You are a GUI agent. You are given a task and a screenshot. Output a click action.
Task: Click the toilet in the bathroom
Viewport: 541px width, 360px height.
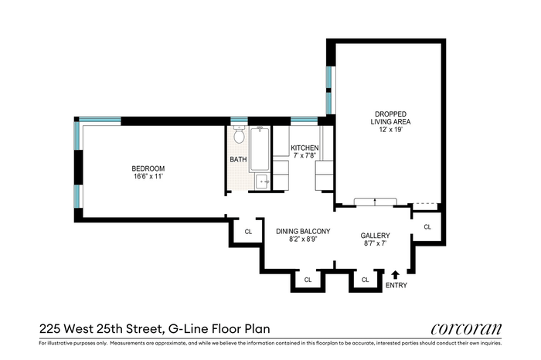pos(239,134)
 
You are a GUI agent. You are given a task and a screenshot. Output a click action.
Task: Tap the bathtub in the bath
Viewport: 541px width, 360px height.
pos(260,149)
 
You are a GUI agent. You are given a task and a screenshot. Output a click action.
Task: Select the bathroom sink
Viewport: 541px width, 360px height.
pos(263,182)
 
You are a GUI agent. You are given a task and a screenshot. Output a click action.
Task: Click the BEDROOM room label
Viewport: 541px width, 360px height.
pos(148,168)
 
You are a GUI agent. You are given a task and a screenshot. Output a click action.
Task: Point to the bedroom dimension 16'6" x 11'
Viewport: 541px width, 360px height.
pos(148,177)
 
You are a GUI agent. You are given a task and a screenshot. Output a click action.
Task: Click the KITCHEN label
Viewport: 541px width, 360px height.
pos(305,148)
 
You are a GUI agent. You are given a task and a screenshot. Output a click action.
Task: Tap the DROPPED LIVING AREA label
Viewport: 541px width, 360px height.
pos(390,117)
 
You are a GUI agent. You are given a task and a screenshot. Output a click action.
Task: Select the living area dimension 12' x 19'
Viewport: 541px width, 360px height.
pos(390,130)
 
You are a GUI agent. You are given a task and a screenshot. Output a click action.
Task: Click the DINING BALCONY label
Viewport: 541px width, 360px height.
pos(303,232)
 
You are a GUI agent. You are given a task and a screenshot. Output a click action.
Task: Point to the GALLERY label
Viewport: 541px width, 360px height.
pos(375,236)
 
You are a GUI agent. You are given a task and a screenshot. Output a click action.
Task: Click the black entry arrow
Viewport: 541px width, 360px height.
pos(396,274)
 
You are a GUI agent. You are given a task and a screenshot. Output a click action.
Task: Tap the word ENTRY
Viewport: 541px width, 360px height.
pos(396,285)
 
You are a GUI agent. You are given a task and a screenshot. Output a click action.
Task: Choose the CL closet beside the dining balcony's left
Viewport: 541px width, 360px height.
pos(248,232)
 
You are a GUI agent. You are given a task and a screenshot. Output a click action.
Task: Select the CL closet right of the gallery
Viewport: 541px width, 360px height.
pos(427,227)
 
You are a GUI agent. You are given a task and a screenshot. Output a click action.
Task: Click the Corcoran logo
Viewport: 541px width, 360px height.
pos(466,328)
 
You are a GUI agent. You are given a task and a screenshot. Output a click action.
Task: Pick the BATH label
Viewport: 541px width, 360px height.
pos(238,159)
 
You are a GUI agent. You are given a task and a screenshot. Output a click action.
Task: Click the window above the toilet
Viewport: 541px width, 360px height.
pos(239,121)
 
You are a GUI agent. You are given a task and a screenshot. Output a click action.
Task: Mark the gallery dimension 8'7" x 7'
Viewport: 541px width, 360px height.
pos(375,243)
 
